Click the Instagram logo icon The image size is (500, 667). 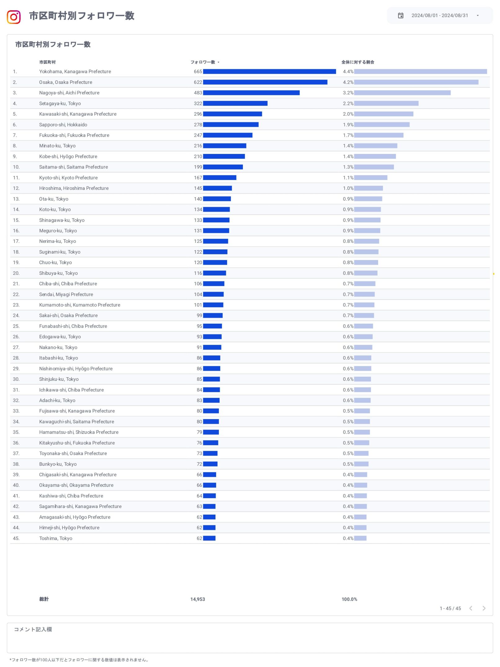(x=14, y=17)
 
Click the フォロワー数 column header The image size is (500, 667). (x=203, y=62)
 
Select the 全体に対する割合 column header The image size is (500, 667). (x=358, y=62)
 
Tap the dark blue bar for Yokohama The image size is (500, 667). (x=269, y=72)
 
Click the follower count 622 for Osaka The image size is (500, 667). (x=198, y=82)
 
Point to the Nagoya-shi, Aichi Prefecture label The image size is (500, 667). (x=69, y=93)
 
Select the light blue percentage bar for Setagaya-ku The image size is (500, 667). (x=386, y=103)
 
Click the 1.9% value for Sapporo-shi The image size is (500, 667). (x=348, y=125)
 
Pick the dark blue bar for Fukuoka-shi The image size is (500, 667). (x=228, y=135)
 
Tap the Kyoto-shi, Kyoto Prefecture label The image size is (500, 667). (x=68, y=178)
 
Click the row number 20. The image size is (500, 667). (x=16, y=273)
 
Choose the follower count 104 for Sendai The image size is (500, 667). (x=198, y=294)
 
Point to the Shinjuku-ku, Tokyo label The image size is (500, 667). (x=59, y=379)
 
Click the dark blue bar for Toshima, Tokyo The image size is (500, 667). (x=209, y=538)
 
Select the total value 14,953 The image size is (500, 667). (x=198, y=599)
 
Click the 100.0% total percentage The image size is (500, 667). (x=349, y=599)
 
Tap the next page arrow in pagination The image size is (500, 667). (x=484, y=608)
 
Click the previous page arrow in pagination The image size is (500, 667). (x=471, y=608)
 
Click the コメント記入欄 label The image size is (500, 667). (x=33, y=629)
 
